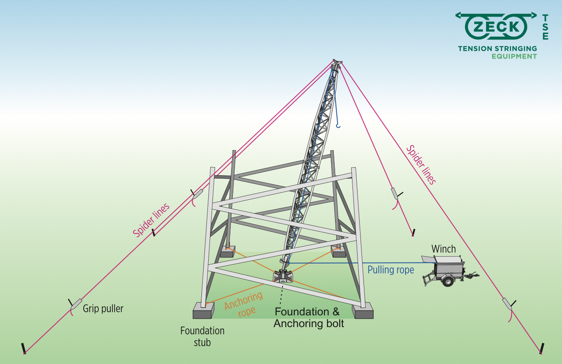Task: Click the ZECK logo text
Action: point(496,27)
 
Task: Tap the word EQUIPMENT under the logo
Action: point(514,56)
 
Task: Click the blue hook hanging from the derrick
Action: point(337,125)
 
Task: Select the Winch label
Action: point(443,249)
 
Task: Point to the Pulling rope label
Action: point(391,270)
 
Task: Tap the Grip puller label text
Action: point(103,308)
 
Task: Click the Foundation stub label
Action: point(202,336)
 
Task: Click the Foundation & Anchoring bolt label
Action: point(308,318)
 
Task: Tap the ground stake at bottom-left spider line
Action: point(24,348)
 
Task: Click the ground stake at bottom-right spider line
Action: point(542,349)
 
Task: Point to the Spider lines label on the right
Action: point(421,165)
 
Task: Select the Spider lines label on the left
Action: point(151,220)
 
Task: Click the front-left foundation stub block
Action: point(204,311)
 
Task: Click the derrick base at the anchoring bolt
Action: point(283,276)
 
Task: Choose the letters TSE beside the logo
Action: point(545,27)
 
